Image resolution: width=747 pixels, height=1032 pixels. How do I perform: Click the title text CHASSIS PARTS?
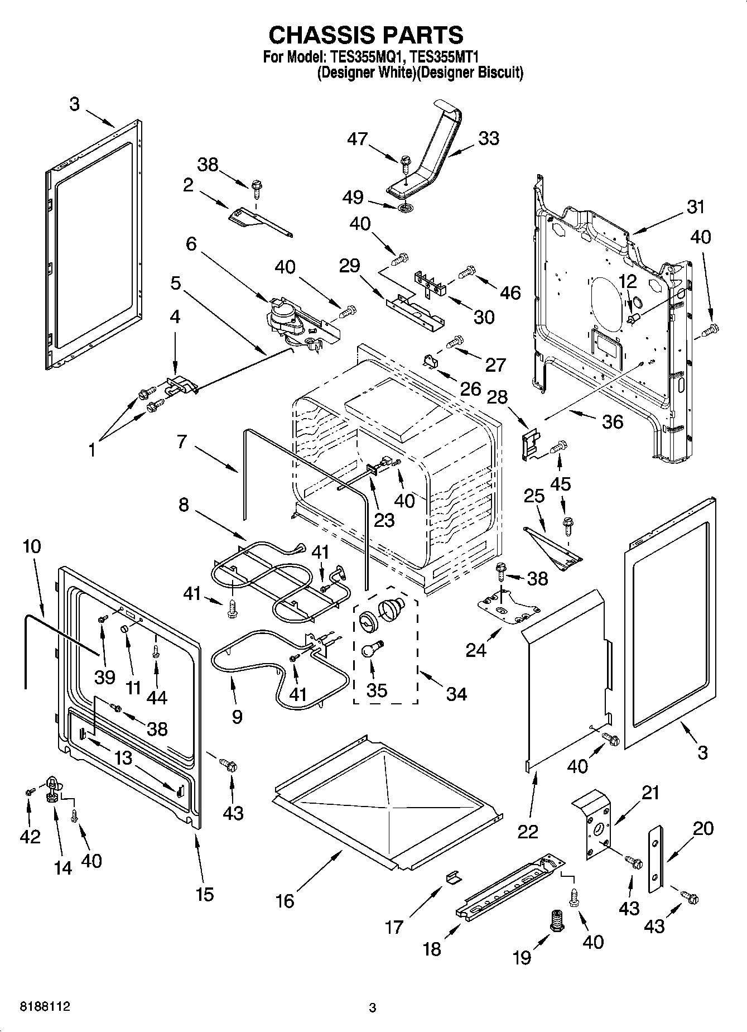(x=366, y=35)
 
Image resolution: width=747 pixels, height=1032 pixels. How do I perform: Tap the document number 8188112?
(x=45, y=1007)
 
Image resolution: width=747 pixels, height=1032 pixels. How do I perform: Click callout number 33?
(x=488, y=138)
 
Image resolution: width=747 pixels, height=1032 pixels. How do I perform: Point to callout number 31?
(x=695, y=207)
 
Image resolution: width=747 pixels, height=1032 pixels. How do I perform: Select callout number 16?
(x=285, y=901)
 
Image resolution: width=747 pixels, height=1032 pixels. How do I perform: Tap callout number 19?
(x=522, y=958)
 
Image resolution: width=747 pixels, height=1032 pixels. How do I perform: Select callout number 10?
(x=32, y=546)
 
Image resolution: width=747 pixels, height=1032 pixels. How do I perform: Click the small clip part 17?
(x=454, y=878)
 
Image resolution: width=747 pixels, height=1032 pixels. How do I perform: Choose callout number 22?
(x=528, y=831)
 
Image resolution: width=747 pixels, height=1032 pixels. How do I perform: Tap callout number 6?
(x=191, y=244)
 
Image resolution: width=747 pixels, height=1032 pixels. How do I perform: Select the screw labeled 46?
(x=467, y=272)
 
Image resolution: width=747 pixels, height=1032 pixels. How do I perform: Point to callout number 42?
(x=30, y=836)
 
